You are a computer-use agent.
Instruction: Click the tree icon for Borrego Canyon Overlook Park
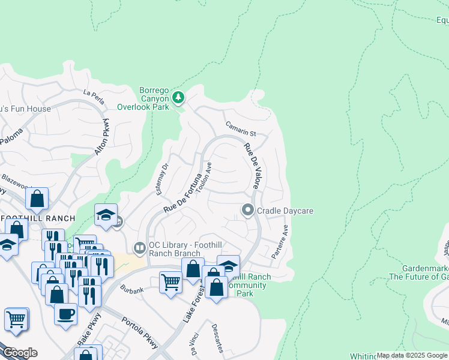coord(178,97)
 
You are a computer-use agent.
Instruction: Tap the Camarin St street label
coord(241,129)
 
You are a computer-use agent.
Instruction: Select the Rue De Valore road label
coord(252,166)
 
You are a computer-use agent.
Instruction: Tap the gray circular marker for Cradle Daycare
coord(247,211)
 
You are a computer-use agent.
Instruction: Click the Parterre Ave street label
coord(280,242)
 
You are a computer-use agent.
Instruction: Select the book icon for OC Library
coord(140,247)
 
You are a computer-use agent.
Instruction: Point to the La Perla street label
coord(94,97)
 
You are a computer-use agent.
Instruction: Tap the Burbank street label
coord(131,290)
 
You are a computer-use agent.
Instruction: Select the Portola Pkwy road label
coord(140,334)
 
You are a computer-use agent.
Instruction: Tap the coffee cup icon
coord(65,313)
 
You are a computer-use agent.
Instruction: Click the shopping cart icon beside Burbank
coord(171,281)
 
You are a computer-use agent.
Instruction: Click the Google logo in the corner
coord(20,353)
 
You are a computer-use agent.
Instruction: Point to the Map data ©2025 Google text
coord(412,355)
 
